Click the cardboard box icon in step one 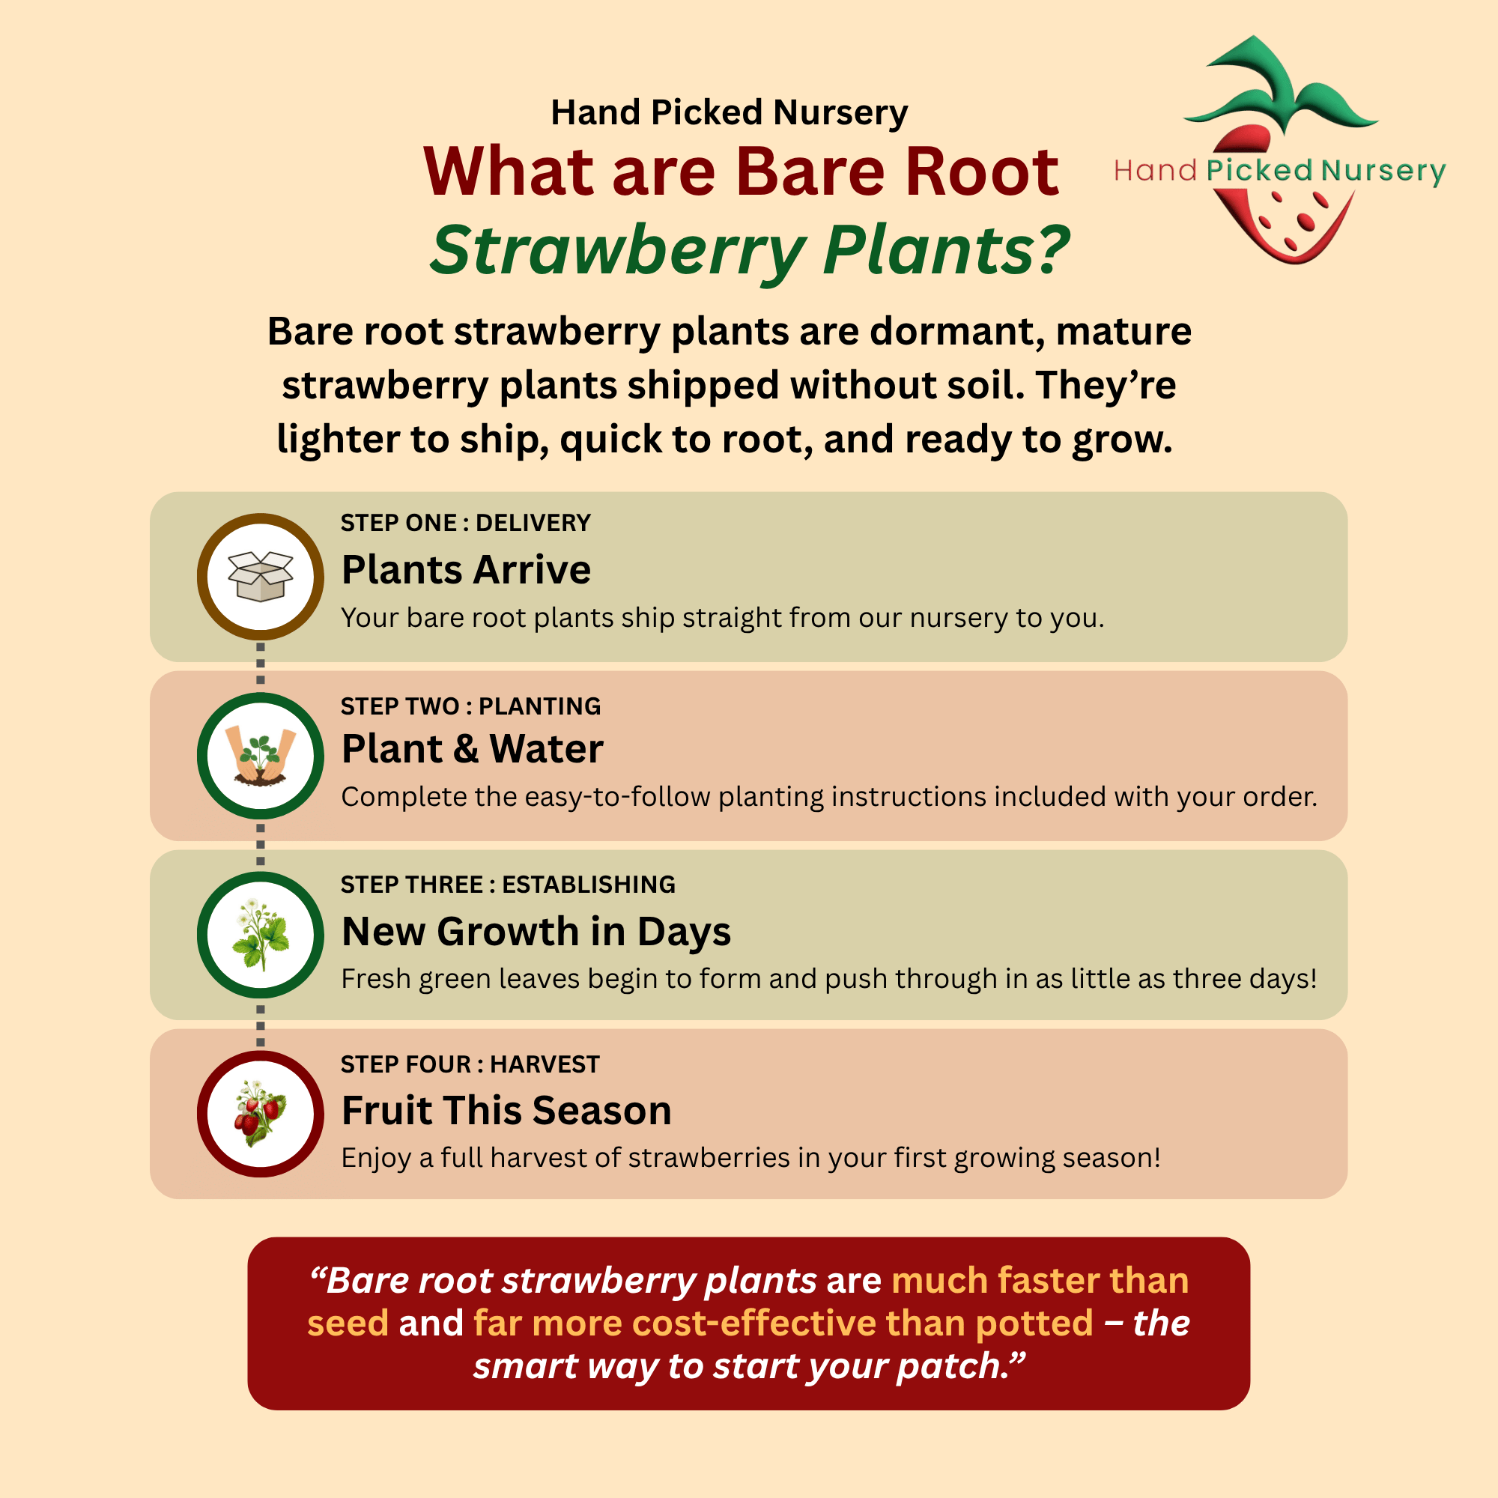261,576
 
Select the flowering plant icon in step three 261,934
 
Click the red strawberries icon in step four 261,1114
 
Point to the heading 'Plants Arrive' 466,570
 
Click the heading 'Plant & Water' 472,749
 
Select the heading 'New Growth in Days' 536,931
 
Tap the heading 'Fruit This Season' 506,1110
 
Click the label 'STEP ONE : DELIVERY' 465,523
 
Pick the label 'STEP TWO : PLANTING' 470,706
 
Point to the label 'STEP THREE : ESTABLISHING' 508,885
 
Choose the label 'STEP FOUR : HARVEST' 470,1064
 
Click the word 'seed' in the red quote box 348,1323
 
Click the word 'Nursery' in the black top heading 840,113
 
